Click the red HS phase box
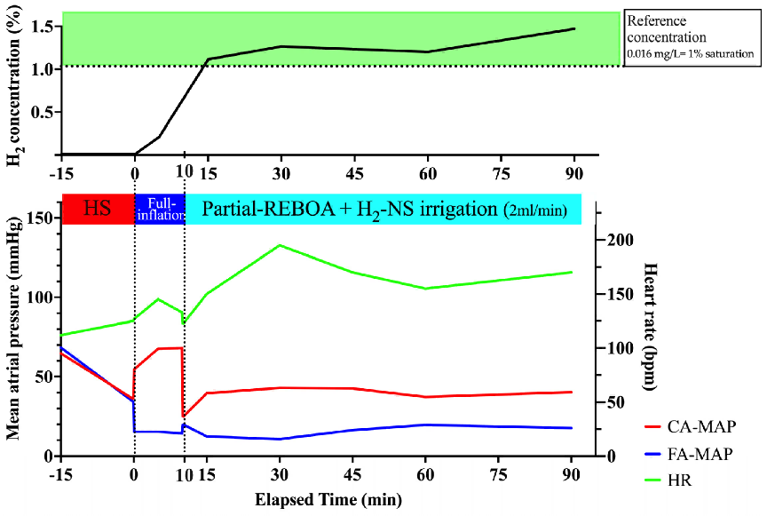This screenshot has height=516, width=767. (97, 209)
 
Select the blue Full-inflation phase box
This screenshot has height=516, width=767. (159, 209)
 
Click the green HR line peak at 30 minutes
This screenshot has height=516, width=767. (280, 245)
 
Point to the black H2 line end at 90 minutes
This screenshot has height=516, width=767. (574, 28)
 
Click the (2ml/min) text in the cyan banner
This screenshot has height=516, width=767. (536, 211)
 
